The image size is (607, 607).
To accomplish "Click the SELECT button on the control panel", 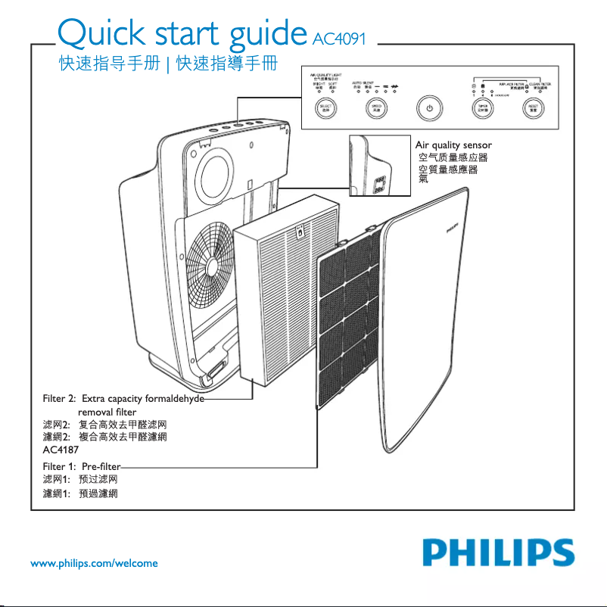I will coord(326,108).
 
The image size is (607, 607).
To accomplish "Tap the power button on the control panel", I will coord(428,108).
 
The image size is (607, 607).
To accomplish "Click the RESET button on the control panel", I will coord(534,108).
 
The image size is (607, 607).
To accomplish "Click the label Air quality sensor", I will coord(454,145).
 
